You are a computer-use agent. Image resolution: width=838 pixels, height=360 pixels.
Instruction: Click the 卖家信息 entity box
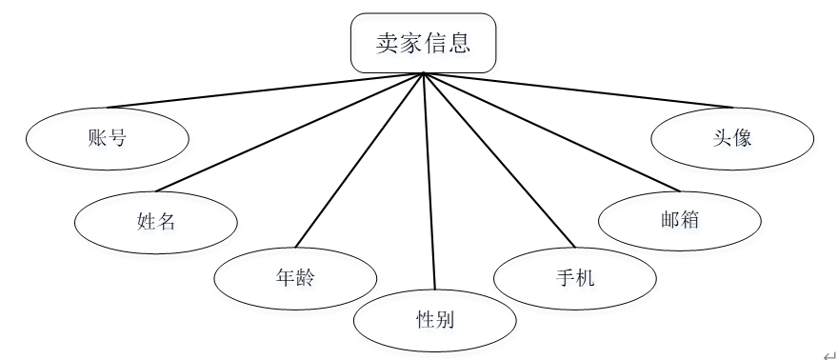click(423, 43)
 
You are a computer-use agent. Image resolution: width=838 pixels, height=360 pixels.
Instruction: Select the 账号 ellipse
click(107, 138)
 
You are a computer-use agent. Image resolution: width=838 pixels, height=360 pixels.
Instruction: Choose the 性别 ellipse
click(434, 320)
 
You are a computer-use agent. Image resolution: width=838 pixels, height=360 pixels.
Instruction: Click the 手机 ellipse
click(575, 278)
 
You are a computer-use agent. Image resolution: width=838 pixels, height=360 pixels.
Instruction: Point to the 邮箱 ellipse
click(680, 219)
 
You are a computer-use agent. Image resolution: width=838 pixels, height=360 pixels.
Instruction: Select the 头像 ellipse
click(732, 137)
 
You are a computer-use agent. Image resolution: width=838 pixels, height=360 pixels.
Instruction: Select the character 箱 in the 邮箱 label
click(690, 219)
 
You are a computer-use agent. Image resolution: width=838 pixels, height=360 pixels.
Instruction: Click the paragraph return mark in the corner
click(828, 351)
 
